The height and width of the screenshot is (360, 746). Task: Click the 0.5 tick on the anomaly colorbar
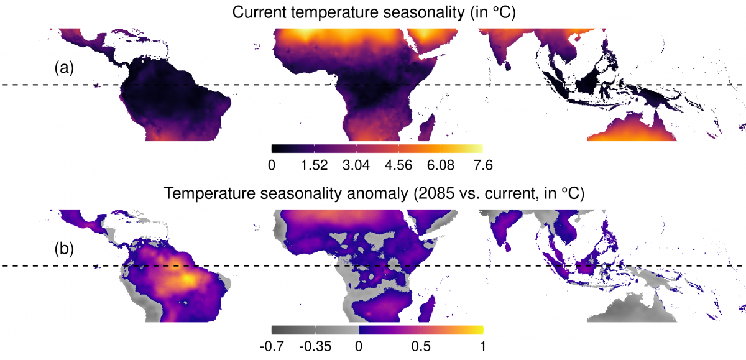[x=421, y=345]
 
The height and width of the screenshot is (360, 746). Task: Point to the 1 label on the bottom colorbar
[x=482, y=345]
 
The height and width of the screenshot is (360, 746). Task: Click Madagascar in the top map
[x=426, y=129]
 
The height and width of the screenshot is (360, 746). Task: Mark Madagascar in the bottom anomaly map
[x=426, y=309]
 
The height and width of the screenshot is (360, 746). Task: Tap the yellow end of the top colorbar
[x=479, y=149]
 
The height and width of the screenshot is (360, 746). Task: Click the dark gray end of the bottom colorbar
[x=275, y=330]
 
